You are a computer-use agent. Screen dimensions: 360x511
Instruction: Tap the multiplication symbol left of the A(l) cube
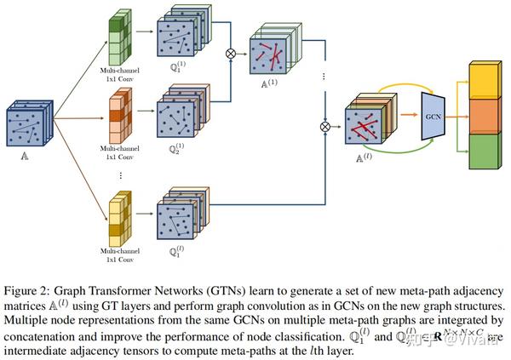point(324,128)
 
